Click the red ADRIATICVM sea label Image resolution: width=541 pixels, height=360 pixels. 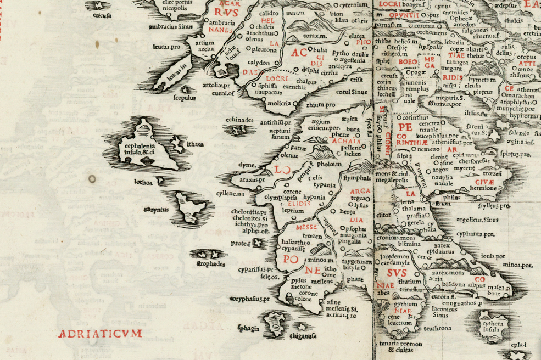pyautogui.click(x=101, y=333)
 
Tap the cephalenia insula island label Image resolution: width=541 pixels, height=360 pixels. pyautogui.click(x=137, y=149)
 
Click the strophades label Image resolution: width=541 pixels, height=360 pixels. pyautogui.click(x=211, y=264)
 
